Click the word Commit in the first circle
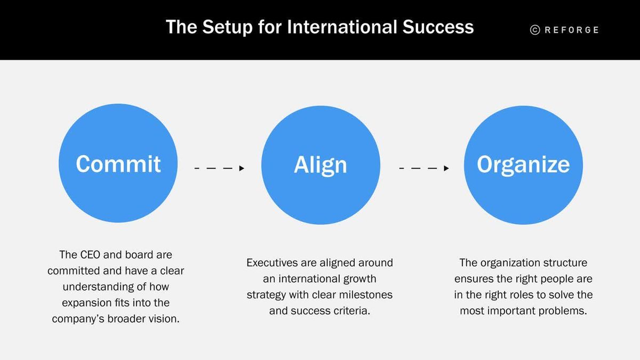(x=118, y=164)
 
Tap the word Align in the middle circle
(x=320, y=165)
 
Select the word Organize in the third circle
(x=523, y=165)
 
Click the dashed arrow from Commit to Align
(x=219, y=168)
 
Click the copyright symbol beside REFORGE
(x=535, y=30)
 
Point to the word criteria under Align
(x=349, y=311)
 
